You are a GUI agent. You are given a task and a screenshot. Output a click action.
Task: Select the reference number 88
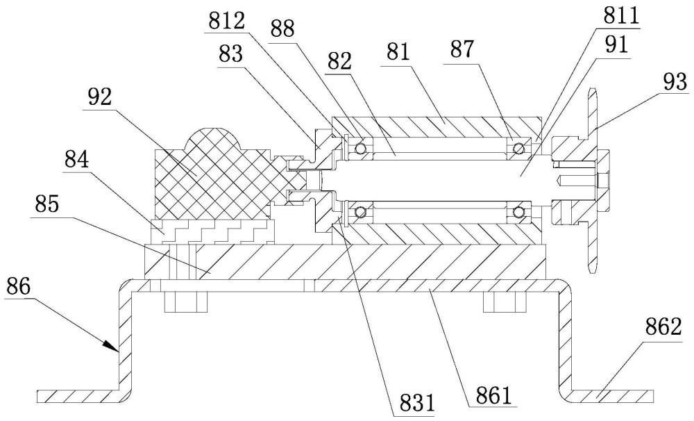pyautogui.click(x=282, y=30)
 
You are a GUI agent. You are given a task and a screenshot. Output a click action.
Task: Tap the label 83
pyautogui.click(x=230, y=54)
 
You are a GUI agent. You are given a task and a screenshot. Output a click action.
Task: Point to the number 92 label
pyautogui.click(x=99, y=97)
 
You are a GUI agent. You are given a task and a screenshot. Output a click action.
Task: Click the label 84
pyautogui.click(x=76, y=159)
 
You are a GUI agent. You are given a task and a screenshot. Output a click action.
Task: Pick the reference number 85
pyautogui.click(x=46, y=204)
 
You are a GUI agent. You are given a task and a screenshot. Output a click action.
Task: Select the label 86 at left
pyautogui.click(x=18, y=287)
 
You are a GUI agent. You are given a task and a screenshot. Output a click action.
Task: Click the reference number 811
pyautogui.click(x=621, y=17)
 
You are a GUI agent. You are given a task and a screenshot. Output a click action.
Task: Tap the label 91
pyautogui.click(x=616, y=44)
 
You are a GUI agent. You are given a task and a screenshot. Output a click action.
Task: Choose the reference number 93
pyautogui.click(x=675, y=81)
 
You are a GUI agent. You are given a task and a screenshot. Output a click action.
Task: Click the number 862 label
pyautogui.click(x=663, y=327)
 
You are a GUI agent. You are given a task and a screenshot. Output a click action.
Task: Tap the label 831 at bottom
pyautogui.click(x=417, y=403)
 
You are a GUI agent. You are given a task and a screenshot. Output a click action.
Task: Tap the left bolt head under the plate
pyautogui.click(x=185, y=302)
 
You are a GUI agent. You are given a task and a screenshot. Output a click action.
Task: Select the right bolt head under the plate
pyautogui.click(x=505, y=302)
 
